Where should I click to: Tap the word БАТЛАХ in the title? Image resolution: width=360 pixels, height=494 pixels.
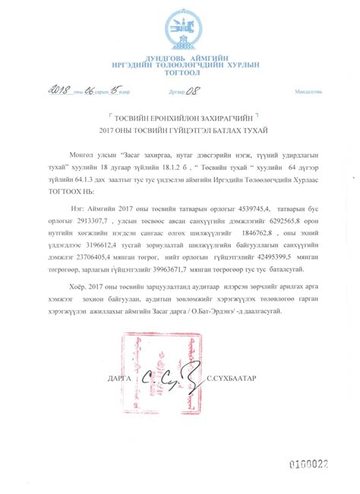tap(221, 131)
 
